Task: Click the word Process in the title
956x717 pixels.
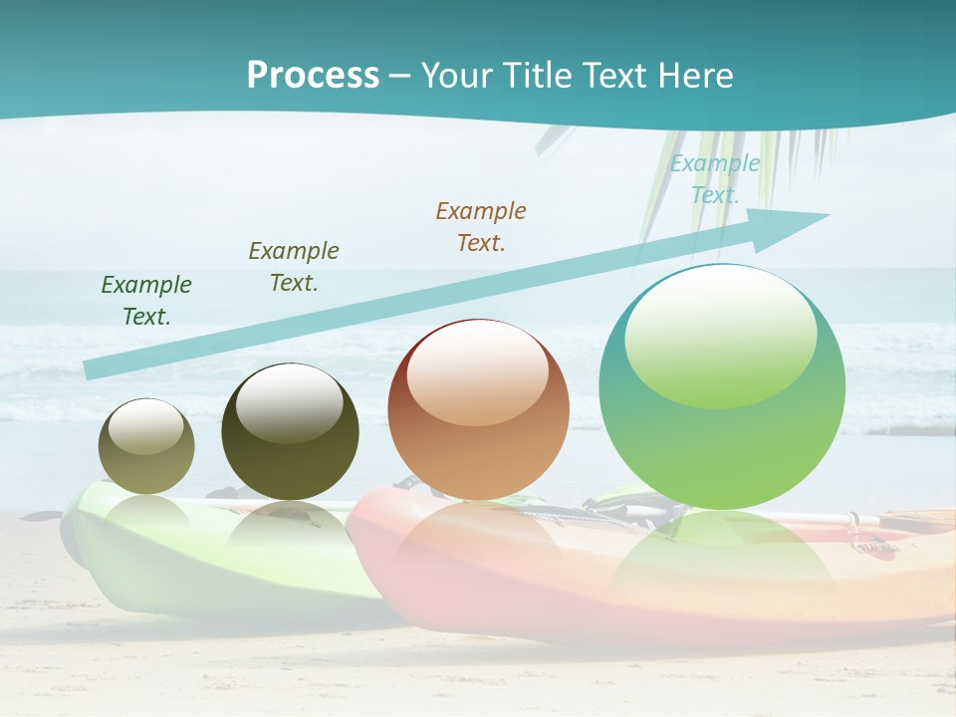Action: coord(313,75)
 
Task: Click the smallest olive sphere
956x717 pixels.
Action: coord(146,446)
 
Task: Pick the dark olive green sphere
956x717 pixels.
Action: coord(290,432)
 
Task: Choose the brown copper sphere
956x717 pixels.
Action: coord(478,410)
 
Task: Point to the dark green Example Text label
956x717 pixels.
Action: coord(146,300)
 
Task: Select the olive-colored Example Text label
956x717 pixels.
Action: coord(294,266)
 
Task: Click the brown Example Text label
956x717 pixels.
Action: coord(481,226)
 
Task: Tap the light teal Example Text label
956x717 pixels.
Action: coord(714,179)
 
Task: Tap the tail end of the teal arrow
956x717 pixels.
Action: coord(95,368)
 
